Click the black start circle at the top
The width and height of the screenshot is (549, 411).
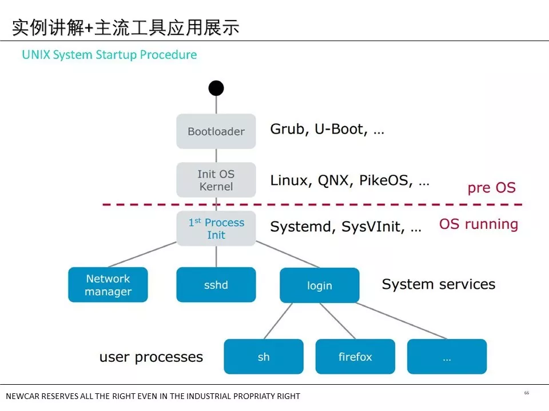(x=216, y=88)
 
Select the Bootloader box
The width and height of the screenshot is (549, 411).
(x=216, y=131)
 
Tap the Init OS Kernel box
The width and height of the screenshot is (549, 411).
(x=216, y=180)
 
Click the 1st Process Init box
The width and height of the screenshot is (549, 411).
(x=216, y=228)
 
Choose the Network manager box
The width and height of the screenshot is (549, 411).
(x=108, y=285)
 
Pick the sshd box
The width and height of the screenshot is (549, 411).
(x=216, y=285)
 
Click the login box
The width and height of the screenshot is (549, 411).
(x=319, y=285)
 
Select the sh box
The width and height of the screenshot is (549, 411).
(x=264, y=356)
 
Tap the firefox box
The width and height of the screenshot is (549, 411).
(x=355, y=356)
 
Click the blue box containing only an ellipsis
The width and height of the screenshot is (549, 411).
(x=447, y=356)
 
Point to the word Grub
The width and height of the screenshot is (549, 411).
(x=288, y=129)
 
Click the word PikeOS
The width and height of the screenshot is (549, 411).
(x=384, y=180)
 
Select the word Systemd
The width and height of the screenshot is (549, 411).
(x=300, y=227)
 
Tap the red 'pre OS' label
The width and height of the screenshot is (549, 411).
(x=492, y=188)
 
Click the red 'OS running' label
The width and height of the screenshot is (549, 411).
(x=479, y=224)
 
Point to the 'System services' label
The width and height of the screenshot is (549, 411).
(x=439, y=284)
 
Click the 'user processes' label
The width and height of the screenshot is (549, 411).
(x=151, y=357)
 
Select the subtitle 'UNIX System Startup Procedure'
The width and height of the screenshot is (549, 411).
(x=109, y=55)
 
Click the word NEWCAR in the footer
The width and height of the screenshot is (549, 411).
(x=22, y=396)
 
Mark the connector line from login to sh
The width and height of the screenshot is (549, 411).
(x=278, y=321)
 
